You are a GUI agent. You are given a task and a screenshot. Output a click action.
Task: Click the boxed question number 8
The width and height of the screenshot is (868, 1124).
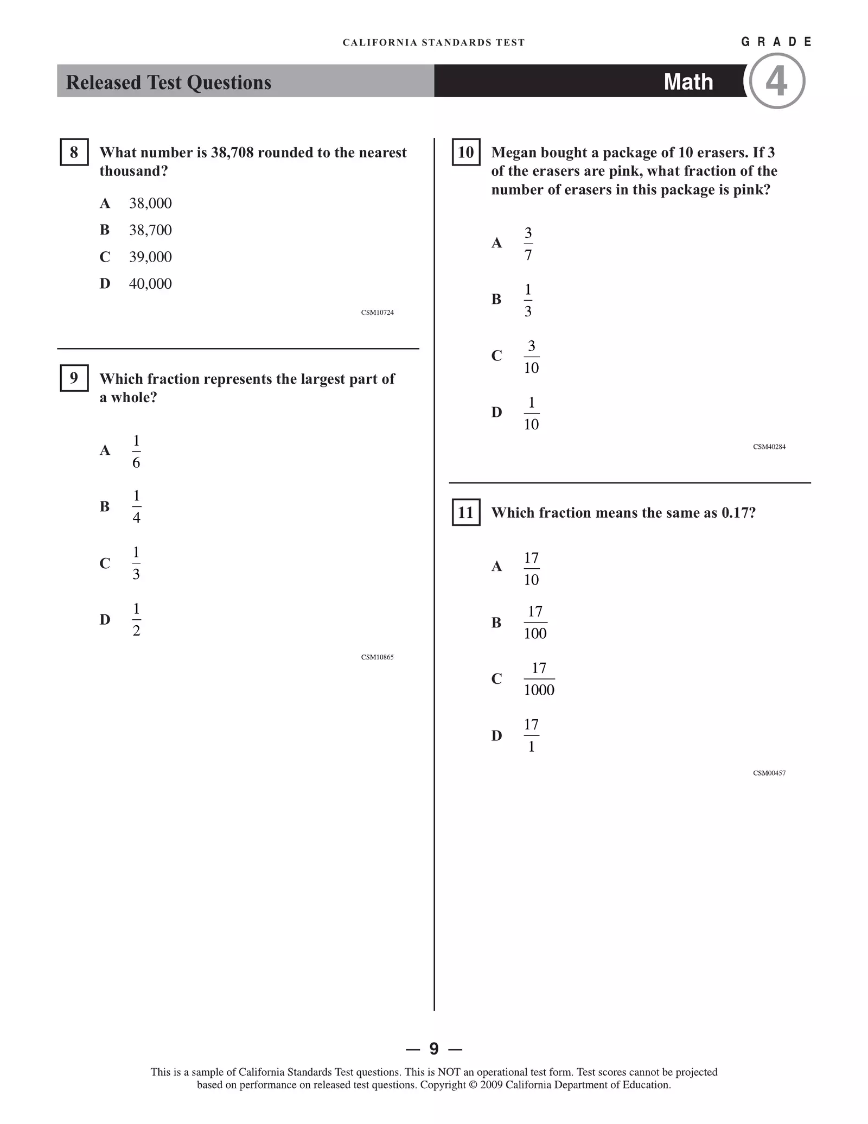tap(74, 152)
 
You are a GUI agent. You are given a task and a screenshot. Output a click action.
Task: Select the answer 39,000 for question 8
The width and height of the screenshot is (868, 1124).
tap(150, 257)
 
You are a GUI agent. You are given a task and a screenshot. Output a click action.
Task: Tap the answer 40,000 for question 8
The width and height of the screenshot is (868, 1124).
tap(150, 283)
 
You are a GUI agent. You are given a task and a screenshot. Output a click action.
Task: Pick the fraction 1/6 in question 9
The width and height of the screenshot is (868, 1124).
tap(136, 451)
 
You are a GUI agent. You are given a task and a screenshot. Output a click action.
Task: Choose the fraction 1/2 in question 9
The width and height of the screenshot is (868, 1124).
tap(136, 619)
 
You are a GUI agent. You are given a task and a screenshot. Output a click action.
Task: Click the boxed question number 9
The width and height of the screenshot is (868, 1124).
tap(74, 378)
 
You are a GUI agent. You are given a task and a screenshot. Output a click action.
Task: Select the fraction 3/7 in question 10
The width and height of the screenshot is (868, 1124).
tap(528, 244)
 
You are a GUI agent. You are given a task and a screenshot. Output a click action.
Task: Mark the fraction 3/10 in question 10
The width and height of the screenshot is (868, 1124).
tap(531, 357)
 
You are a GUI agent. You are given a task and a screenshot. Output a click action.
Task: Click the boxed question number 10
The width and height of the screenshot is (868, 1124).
tap(465, 152)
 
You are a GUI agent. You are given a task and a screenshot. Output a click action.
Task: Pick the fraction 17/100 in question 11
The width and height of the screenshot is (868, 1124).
tap(535, 623)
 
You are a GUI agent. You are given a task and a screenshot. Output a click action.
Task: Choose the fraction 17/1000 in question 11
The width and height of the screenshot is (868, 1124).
tap(539, 679)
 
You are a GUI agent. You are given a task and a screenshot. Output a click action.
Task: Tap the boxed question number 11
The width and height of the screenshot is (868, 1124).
tap(465, 512)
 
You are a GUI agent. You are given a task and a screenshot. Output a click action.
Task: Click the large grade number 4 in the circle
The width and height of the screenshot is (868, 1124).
tap(776, 81)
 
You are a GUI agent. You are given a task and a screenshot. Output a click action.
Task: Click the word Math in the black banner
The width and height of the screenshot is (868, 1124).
tap(688, 82)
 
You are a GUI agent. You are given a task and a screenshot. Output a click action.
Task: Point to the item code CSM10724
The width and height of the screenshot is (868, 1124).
tap(377, 313)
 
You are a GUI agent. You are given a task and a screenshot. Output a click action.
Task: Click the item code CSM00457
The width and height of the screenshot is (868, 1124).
tap(769, 773)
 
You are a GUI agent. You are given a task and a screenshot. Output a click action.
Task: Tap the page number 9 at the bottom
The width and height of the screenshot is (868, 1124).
tap(433, 1049)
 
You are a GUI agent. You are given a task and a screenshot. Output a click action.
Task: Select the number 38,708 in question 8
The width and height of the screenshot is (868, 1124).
tap(232, 153)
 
